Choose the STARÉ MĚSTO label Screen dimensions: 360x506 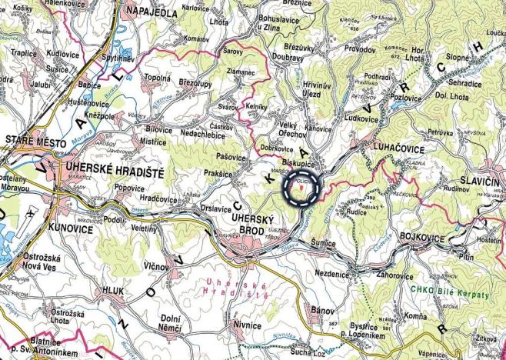coord(34,139)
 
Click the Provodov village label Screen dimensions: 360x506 coord(361,48)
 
